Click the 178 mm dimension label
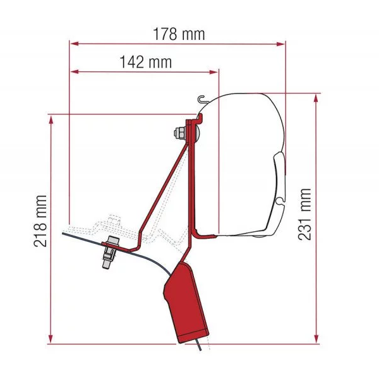tap(179, 34)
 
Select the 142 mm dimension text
tap(146, 62)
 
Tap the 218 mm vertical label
tap(40, 221)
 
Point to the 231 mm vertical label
tap(304, 214)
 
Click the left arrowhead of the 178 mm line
tap(74, 44)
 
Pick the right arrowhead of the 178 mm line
tap(281, 44)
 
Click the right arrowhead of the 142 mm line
tap(214, 72)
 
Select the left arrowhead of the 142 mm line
tap(74, 72)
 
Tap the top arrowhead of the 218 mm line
tap(51, 120)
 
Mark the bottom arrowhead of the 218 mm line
tap(51, 338)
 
